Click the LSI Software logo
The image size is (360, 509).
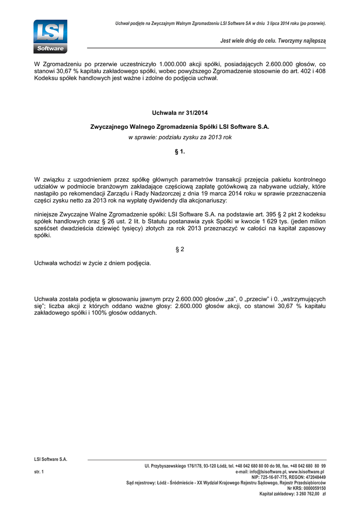pyautogui.click(x=50, y=36)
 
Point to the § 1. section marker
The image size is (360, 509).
pyautogui.click(x=180, y=152)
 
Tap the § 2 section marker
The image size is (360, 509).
pyautogui.click(x=180, y=249)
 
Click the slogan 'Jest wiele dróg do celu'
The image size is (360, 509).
pyautogui.click(x=273, y=40)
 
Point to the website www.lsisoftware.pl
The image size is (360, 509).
pyautogui.click(x=306, y=471)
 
